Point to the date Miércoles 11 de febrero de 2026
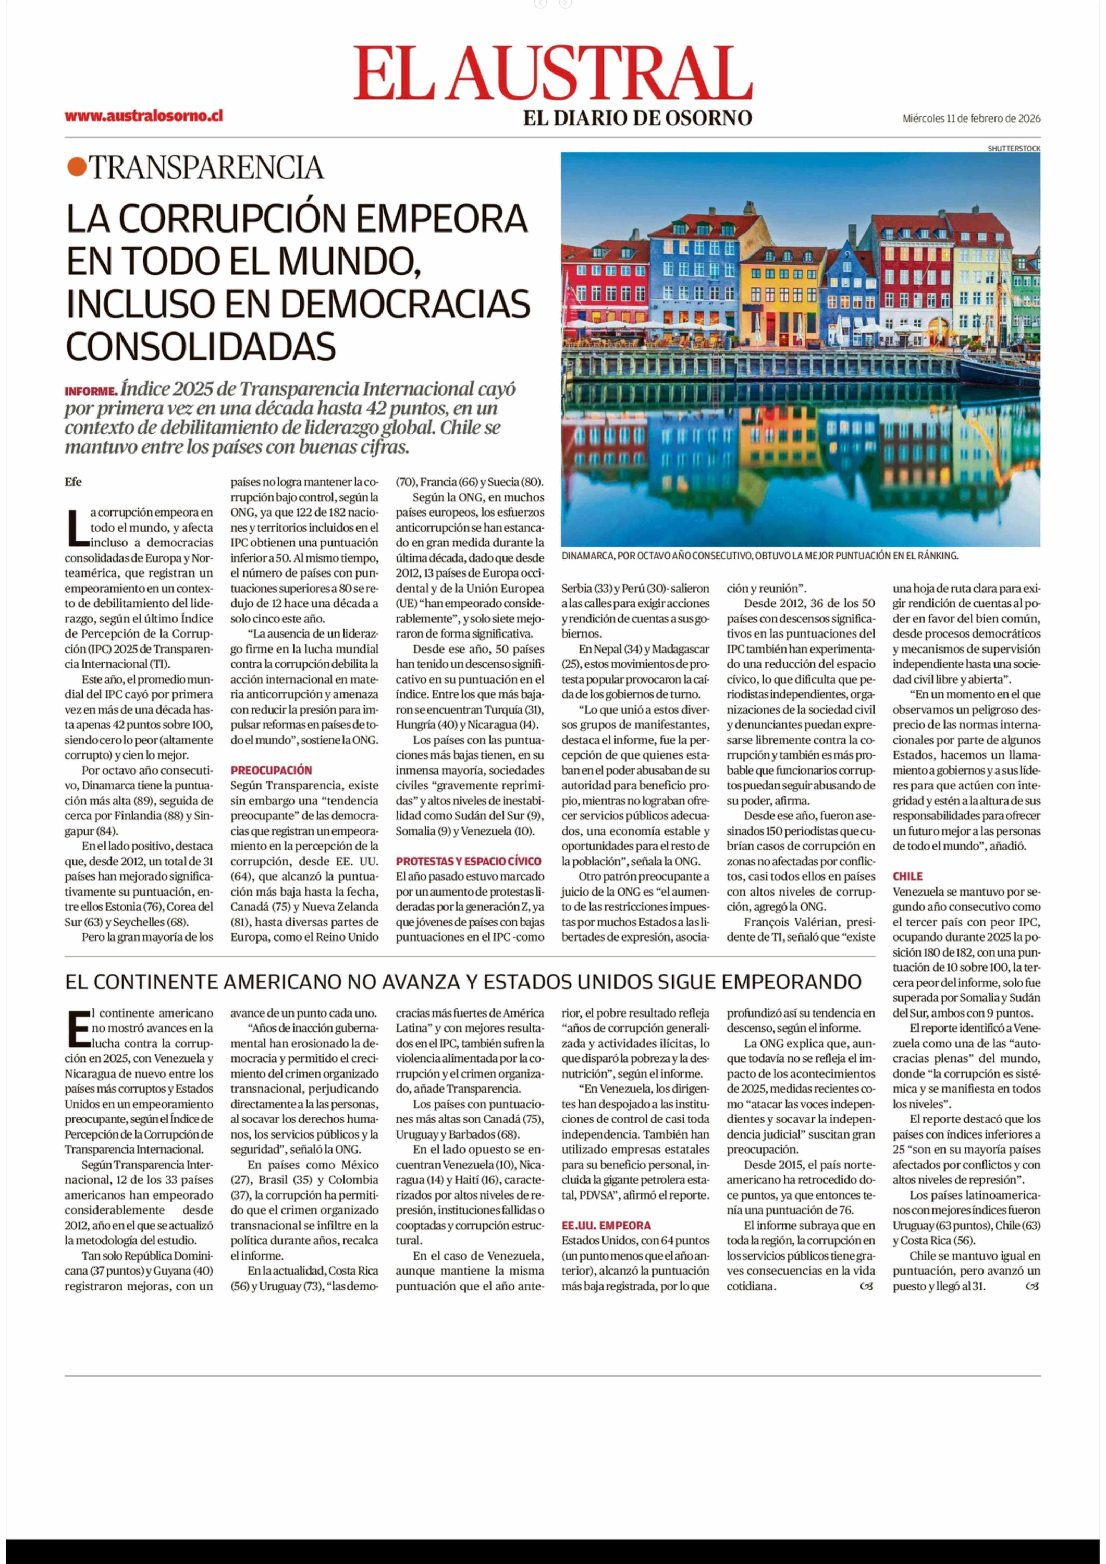click(x=971, y=118)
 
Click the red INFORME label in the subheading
click(x=91, y=392)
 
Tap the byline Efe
click(x=74, y=482)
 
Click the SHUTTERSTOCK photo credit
click(x=1013, y=148)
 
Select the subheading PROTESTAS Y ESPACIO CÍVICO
click(x=469, y=861)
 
